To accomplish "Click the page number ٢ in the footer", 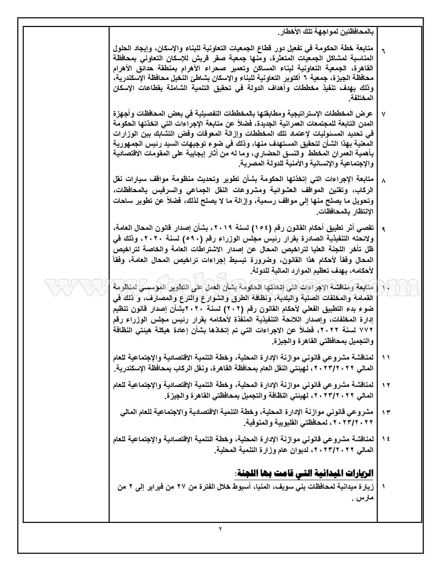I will pyautogui.click(x=220, y=538).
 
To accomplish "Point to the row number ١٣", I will pyautogui.click(x=385, y=413).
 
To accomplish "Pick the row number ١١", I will pyautogui.click(x=385, y=356).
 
